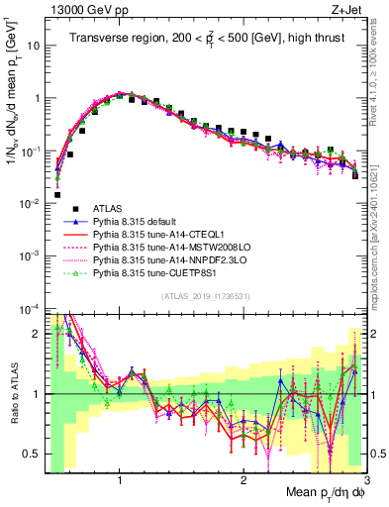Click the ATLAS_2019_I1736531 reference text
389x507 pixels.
pos(204,296)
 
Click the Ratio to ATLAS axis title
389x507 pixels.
pos(12,394)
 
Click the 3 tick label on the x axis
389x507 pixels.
pos(365,478)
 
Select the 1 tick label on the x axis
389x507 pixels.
pos(120,478)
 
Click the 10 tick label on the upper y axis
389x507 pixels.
pos(32,46)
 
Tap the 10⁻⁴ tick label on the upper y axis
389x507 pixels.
pos(30,307)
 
